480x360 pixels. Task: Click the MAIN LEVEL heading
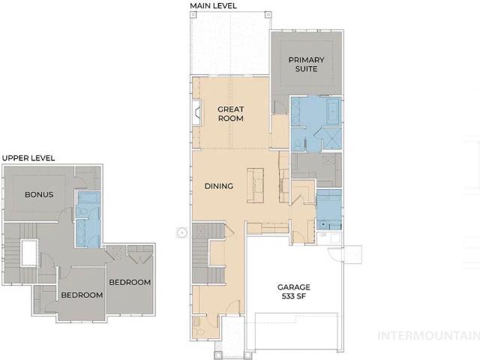(213, 6)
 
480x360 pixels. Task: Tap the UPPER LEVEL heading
(28, 158)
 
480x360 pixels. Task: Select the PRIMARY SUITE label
(306, 64)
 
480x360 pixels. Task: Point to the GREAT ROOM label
(231, 114)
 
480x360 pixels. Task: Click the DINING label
(219, 186)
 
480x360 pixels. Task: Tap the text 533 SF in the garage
(293, 296)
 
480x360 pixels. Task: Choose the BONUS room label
(39, 195)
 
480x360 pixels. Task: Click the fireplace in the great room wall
(196, 112)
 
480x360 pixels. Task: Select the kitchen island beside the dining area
(255, 185)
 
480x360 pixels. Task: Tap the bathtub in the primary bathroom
(333, 111)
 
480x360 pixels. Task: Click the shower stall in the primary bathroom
(331, 139)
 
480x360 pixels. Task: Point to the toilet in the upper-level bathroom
(82, 211)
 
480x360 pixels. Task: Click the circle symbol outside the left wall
(181, 233)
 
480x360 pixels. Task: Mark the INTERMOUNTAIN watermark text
(428, 336)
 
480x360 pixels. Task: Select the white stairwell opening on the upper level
(29, 253)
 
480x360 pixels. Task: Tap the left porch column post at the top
(193, 14)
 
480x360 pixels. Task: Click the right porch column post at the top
(268, 14)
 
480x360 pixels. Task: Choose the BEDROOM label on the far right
(130, 282)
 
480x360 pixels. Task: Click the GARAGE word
(294, 287)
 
